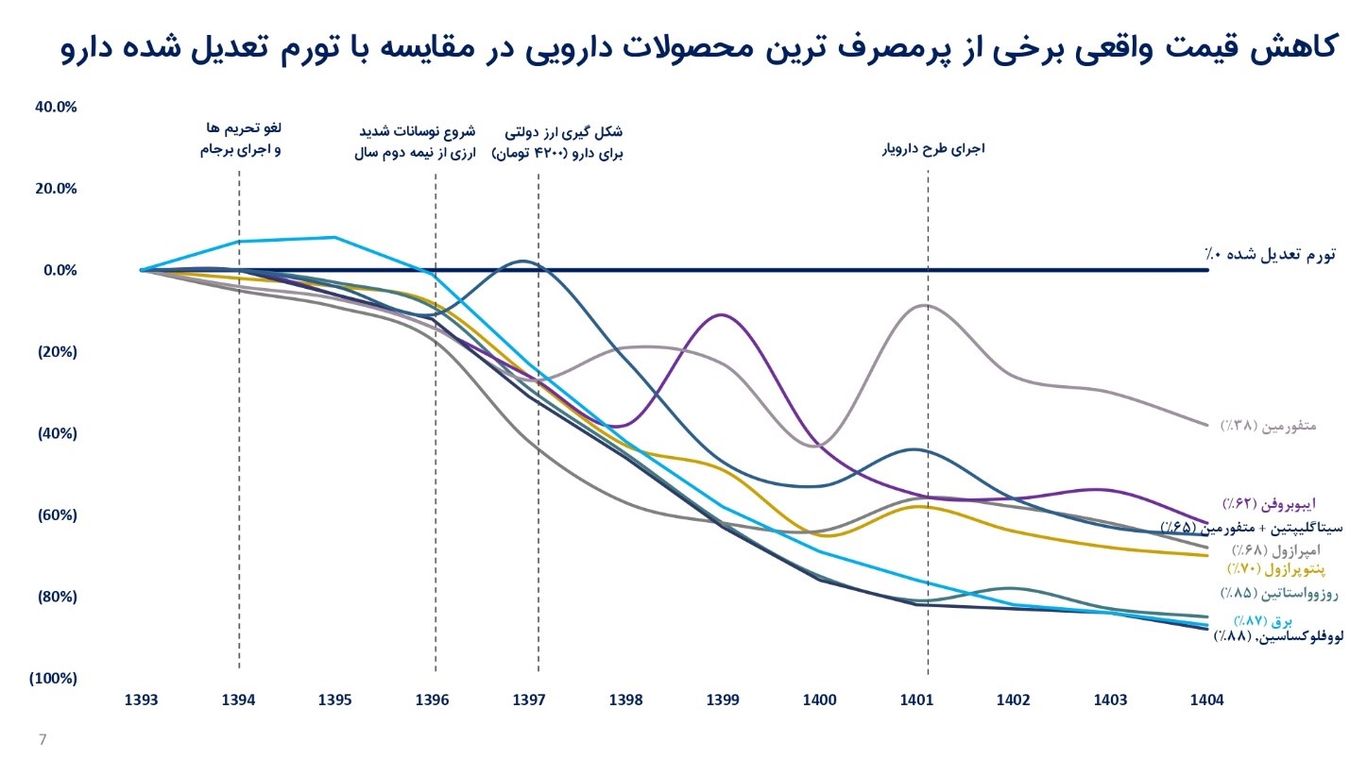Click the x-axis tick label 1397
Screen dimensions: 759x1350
(529, 700)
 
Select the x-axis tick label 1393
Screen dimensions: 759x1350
(142, 700)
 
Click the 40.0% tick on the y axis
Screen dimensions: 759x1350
(55, 107)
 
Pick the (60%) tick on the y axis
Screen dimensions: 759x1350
(55, 516)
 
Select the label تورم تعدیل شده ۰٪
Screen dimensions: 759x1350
(1270, 255)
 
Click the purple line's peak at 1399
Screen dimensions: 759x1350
(722, 314)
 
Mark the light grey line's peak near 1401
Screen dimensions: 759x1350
(925, 305)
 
